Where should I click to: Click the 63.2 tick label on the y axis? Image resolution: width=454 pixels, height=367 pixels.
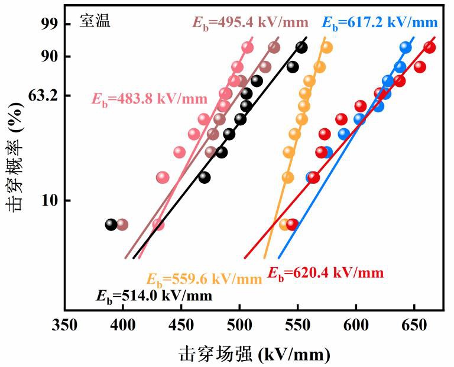(x=43, y=96)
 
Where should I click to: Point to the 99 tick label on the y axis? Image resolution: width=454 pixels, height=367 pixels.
(x=51, y=24)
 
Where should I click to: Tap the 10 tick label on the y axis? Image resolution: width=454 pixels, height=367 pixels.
(x=50, y=200)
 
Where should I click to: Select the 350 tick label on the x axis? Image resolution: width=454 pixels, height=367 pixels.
(x=64, y=325)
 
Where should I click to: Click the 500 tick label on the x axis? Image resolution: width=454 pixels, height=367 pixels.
(x=239, y=325)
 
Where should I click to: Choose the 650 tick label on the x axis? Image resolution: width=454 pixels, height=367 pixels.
(x=414, y=325)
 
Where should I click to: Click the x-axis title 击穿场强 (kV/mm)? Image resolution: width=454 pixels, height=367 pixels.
(x=255, y=354)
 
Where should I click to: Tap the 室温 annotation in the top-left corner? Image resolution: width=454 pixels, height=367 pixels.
(x=95, y=21)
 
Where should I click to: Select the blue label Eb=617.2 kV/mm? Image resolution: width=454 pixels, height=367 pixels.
(x=380, y=22)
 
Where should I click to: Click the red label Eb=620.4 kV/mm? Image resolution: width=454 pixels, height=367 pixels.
(x=326, y=273)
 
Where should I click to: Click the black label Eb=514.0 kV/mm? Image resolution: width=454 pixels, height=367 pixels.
(x=154, y=296)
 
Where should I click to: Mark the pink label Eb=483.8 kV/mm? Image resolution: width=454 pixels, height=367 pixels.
(x=150, y=99)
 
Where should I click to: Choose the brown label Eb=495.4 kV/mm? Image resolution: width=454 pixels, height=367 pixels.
(x=251, y=22)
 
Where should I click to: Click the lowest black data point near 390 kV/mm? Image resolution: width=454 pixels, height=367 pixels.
(x=111, y=225)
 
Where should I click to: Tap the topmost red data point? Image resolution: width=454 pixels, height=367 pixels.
(x=430, y=47)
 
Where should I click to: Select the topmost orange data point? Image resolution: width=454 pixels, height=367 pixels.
(x=326, y=47)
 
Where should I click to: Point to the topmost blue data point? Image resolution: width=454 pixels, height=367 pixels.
(x=406, y=47)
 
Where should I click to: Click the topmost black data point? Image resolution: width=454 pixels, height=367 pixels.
(x=301, y=47)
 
